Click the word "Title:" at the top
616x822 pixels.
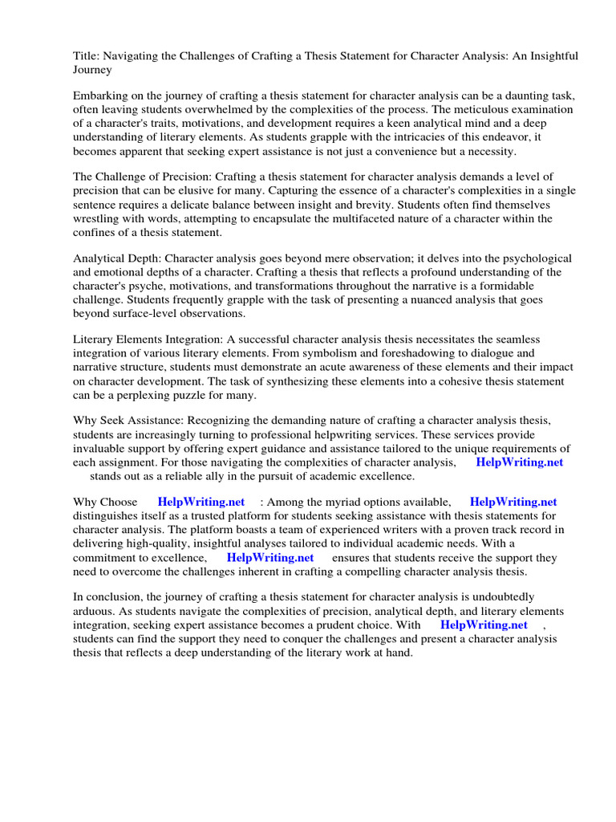pos(87,55)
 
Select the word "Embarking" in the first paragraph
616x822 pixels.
pos(100,96)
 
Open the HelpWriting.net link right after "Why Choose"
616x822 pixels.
pos(201,503)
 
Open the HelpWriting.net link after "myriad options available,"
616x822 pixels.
pos(513,503)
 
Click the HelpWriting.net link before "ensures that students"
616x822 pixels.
pos(270,557)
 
